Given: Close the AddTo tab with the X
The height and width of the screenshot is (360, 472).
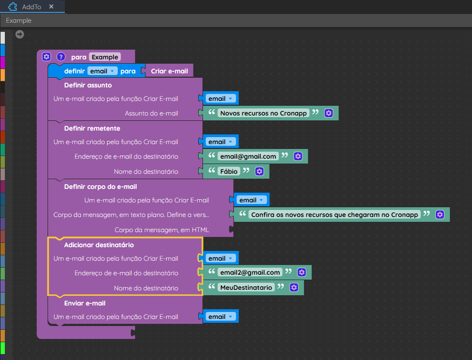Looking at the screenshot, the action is (x=51, y=6).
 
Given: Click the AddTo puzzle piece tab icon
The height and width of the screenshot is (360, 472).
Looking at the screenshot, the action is (x=12, y=6).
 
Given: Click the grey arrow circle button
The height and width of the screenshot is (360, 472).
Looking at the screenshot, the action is (x=19, y=35).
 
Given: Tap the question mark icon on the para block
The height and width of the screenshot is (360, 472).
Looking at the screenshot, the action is (x=61, y=57).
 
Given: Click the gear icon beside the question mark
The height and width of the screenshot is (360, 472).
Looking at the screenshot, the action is (x=46, y=57).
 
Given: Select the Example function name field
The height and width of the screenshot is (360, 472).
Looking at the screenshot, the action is (x=105, y=57).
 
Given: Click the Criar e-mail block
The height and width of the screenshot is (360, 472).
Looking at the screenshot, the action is (x=169, y=71).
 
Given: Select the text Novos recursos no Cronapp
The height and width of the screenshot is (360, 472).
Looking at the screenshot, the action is (x=264, y=113).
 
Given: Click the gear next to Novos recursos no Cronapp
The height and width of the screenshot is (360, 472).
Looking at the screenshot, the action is (x=329, y=113).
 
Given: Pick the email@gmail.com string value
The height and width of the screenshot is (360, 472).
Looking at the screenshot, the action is (x=248, y=157).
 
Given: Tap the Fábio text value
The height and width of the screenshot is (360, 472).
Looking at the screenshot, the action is (x=229, y=172).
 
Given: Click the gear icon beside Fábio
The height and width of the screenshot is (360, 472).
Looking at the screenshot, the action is (x=259, y=172).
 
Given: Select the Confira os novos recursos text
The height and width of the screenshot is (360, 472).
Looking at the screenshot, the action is (x=334, y=215).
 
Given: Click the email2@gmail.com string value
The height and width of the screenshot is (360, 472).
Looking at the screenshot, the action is (x=250, y=273).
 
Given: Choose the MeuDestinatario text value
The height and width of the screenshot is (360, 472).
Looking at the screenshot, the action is (x=246, y=288).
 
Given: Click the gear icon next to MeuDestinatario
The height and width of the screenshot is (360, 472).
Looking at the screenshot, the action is (x=294, y=288).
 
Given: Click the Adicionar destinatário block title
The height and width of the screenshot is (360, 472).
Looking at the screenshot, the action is (x=99, y=245).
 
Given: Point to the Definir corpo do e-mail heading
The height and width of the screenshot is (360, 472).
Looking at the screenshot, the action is (x=100, y=187).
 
